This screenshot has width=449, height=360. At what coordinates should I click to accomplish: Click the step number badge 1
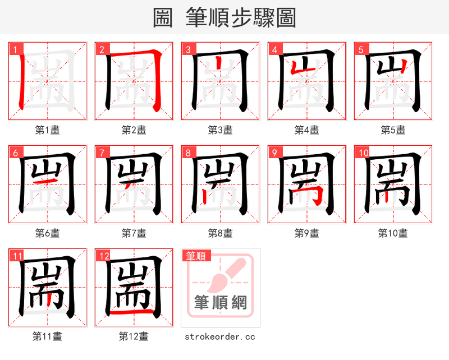tap(15, 49)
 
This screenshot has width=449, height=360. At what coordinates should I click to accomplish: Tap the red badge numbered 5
tap(360, 49)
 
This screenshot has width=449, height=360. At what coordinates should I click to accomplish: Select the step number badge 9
tap(274, 152)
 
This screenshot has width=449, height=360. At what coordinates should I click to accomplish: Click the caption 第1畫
tap(48, 130)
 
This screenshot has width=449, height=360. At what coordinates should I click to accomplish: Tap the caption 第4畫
tap(307, 130)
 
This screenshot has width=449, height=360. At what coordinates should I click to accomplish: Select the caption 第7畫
tap(134, 233)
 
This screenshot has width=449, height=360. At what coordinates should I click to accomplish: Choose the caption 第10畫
tap(393, 233)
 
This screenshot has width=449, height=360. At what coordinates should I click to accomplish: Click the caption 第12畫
tap(134, 336)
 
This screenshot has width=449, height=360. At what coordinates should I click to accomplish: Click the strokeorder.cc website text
tap(220, 336)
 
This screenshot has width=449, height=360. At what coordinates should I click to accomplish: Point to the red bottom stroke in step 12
tap(131, 310)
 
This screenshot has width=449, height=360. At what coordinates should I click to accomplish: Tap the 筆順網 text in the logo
tap(220, 303)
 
